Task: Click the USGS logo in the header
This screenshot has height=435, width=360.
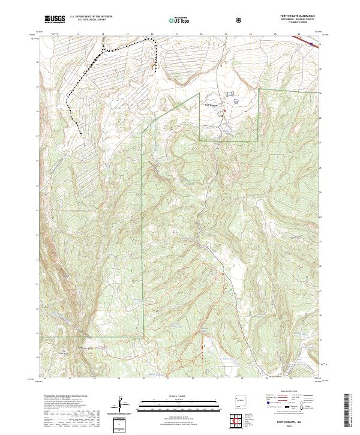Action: pos(55,19)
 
